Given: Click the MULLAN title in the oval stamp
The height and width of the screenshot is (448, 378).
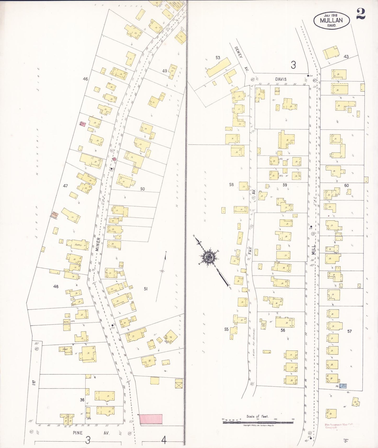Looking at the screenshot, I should coord(331,20).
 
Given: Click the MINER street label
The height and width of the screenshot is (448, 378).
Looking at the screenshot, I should coord(98,244).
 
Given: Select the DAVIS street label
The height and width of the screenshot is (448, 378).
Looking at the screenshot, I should coord(281,79).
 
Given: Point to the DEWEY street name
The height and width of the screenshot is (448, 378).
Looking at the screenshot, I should coord(238,52).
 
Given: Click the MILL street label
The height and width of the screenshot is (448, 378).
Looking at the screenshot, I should coord(313,250).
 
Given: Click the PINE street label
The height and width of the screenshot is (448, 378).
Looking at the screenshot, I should coord(78,433).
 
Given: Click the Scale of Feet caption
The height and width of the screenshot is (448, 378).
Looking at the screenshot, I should coord(257,416).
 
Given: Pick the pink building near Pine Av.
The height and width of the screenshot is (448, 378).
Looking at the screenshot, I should coord(151,419).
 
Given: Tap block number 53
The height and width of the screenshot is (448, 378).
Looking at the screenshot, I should coord(218,58).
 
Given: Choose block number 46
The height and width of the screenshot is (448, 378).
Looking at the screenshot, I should coord(85,79).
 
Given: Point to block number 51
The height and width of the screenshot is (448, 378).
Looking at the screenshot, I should coord(146,289).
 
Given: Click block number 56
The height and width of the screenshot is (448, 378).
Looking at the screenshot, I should coord(283,330).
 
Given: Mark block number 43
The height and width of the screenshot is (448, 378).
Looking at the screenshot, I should coord(346,56).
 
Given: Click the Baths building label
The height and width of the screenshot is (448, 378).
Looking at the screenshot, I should coord(78,245).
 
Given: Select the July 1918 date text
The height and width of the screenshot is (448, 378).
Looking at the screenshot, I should coord(331,15).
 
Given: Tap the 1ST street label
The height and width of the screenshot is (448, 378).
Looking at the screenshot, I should coord(33,383).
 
